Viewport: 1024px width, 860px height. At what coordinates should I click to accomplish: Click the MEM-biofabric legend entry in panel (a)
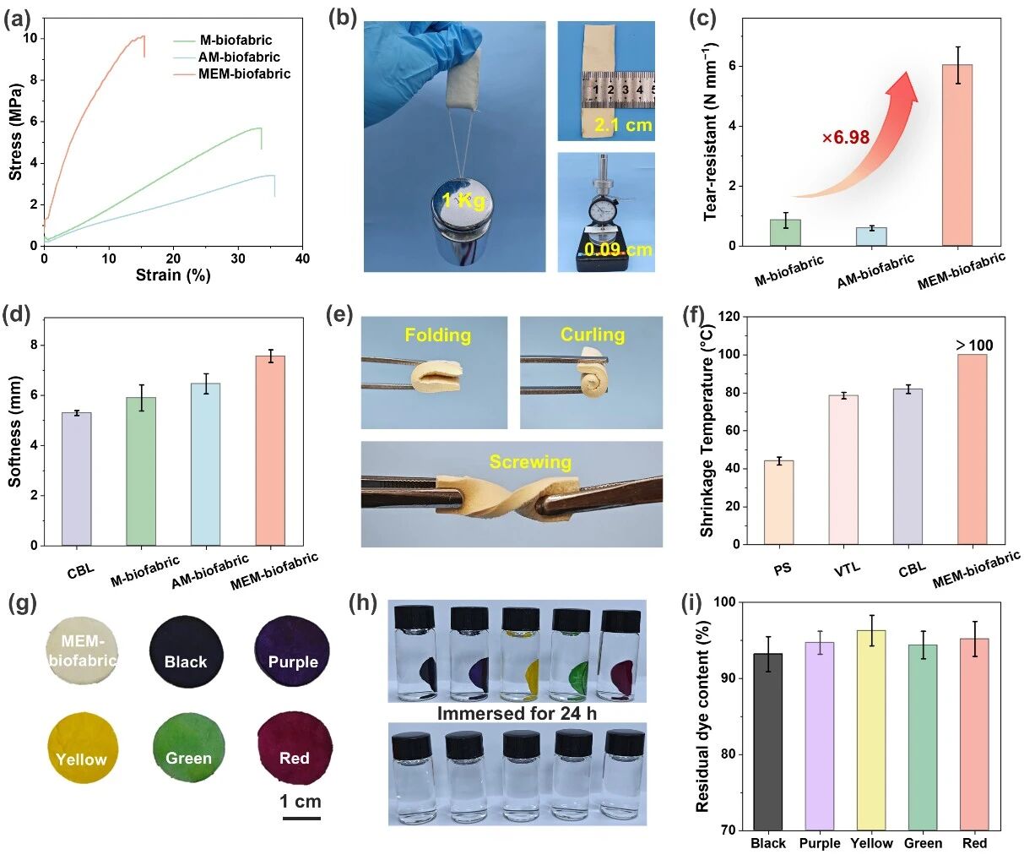244,74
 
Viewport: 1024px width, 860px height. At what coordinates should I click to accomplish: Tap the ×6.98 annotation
845,137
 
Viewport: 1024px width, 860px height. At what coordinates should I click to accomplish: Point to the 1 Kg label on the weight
465,201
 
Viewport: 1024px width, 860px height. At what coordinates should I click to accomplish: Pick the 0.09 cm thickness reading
619,250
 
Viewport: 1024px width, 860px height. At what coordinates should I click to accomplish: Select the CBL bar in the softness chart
76,478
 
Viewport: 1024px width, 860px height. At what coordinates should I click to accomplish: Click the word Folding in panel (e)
437,335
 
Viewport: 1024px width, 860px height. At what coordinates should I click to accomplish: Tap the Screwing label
530,462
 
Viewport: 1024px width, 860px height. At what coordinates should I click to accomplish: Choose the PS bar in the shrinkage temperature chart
780,503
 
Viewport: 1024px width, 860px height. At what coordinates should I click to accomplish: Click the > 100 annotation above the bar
974,345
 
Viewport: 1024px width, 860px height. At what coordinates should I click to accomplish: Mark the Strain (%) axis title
173,275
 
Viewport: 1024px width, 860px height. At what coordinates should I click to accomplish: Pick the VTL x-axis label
847,568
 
